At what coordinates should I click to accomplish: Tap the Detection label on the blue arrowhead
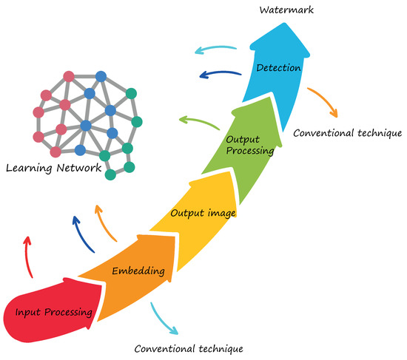coord(277,69)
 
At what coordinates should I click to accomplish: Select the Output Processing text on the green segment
coord(249,144)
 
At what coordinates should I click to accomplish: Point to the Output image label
coord(203,214)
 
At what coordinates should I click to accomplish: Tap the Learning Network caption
coord(53,168)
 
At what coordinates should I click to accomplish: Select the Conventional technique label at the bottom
coord(188,347)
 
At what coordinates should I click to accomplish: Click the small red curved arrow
coord(28,255)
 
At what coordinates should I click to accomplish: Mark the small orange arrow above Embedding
coord(105,222)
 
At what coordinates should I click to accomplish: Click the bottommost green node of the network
coord(110,174)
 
